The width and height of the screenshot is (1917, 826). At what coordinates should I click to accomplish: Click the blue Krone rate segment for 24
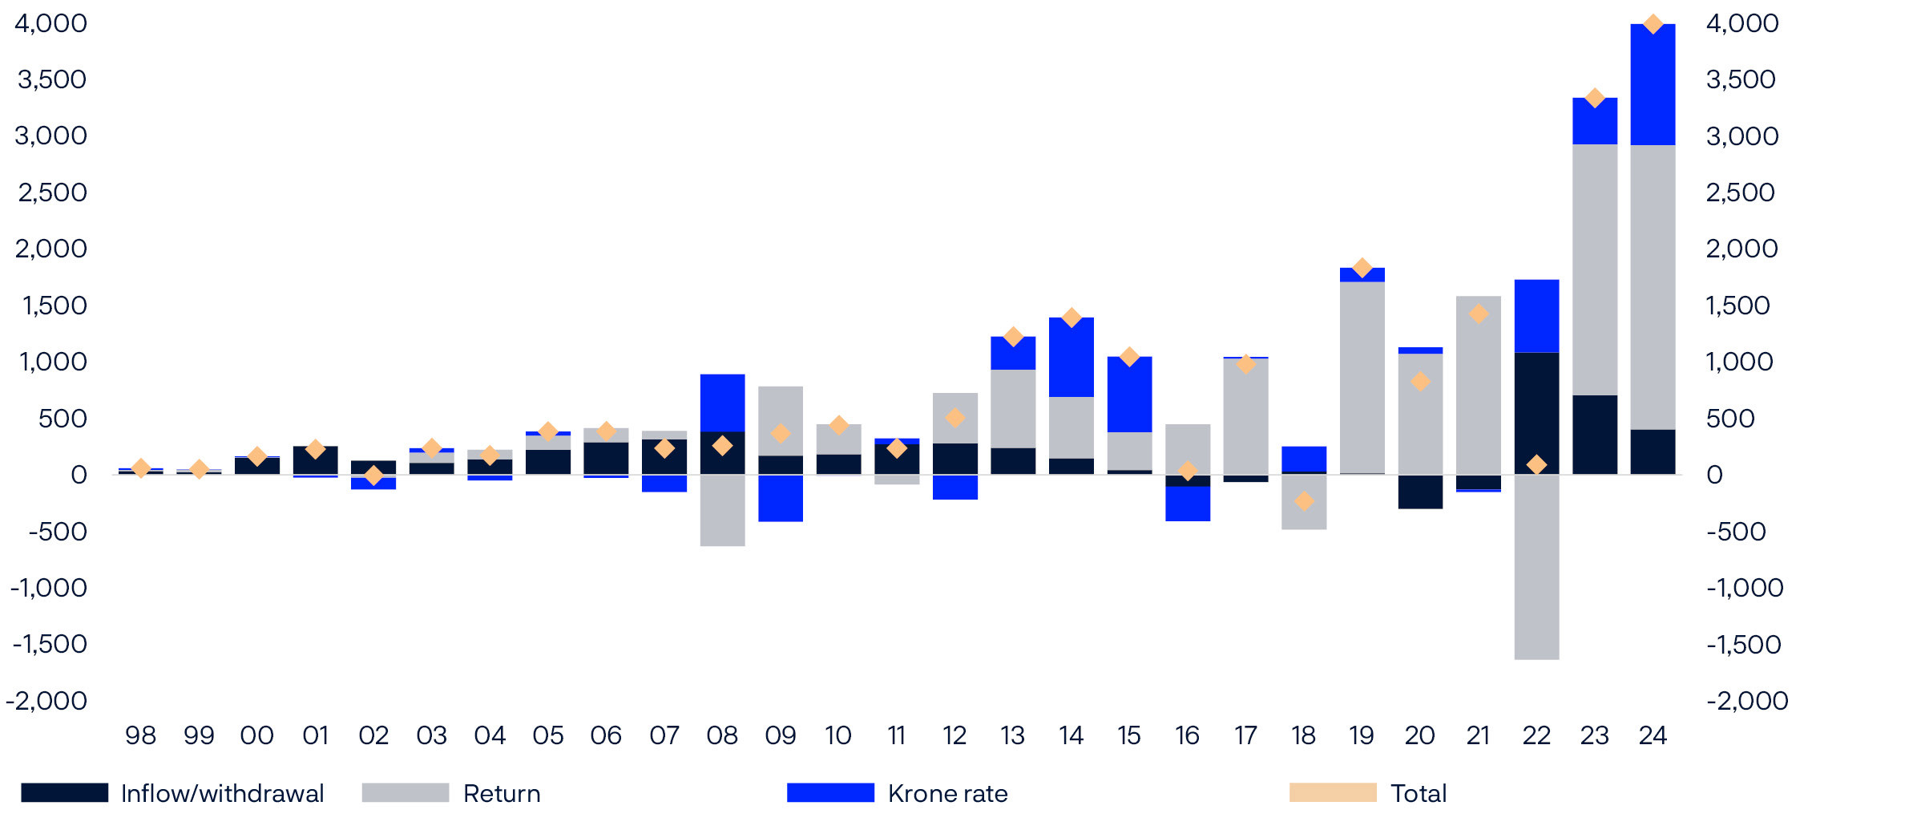click(x=1653, y=85)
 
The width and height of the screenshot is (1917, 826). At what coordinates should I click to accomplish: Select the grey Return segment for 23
click(x=1594, y=269)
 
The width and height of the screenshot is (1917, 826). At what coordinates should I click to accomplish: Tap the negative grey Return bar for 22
click(x=1536, y=567)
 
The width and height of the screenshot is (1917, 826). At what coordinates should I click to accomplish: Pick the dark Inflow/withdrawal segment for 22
click(x=1536, y=413)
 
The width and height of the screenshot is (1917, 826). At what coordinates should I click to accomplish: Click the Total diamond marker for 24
click(x=1653, y=24)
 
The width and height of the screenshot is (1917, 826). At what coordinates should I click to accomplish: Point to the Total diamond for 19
click(x=1362, y=268)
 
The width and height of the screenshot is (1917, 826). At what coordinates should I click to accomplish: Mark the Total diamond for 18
click(x=1304, y=501)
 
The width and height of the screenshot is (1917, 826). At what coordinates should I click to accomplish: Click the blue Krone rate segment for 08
click(x=722, y=403)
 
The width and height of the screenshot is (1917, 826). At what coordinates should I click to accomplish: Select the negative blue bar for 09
click(x=781, y=498)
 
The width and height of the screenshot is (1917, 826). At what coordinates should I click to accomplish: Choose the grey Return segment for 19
click(x=1362, y=377)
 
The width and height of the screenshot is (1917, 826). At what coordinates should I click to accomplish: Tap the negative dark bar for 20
click(x=1420, y=492)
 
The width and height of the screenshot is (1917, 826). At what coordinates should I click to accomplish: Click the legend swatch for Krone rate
click(x=830, y=792)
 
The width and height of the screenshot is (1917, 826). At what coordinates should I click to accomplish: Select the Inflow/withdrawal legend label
click(x=222, y=793)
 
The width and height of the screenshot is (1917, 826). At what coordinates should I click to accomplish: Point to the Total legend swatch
click(x=1332, y=792)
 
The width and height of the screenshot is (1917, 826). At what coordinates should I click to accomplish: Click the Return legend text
click(x=502, y=793)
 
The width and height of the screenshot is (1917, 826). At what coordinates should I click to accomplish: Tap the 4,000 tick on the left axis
click(x=50, y=23)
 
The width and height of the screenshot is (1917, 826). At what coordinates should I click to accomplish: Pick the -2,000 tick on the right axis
click(x=1746, y=701)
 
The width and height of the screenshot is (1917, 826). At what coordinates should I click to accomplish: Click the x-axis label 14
click(x=1071, y=735)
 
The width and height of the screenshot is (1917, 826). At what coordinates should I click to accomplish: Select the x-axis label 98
click(x=140, y=735)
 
